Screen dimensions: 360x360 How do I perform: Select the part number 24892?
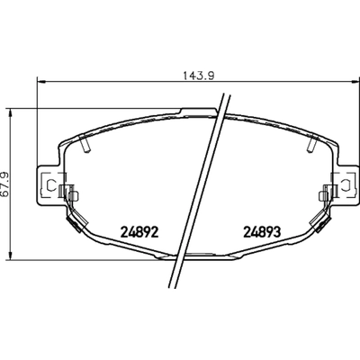(139, 229)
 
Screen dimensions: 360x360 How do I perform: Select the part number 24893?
(262, 229)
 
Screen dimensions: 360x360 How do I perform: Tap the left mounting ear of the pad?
(48, 187)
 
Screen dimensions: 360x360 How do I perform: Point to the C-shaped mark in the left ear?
(53, 187)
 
